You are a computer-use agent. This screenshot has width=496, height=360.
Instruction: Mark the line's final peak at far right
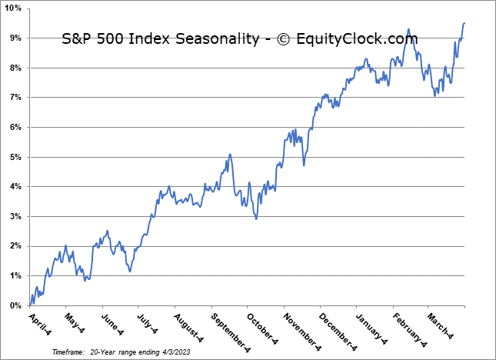[x=464, y=23]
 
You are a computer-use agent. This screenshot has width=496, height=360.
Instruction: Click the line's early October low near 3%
[x=256, y=218]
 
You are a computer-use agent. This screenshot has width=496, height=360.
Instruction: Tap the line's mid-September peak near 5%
[x=230, y=155]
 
